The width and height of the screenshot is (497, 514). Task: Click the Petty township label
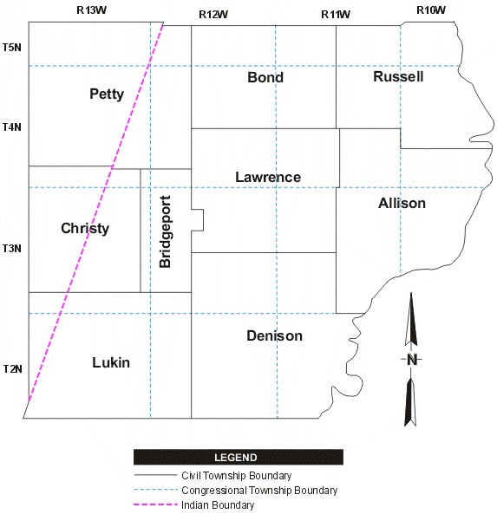coord(107,94)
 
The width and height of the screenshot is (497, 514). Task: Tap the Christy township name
coord(85,229)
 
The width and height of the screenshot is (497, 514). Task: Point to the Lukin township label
coord(111,362)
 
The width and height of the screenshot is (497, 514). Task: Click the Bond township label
coord(265,77)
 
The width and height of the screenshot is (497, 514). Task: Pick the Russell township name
coord(398,76)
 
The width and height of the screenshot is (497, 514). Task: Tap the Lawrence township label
coord(268,178)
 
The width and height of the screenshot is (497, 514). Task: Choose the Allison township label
coord(402,203)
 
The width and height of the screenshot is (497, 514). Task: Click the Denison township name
coord(274,335)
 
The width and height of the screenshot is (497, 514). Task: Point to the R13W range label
coord(91,10)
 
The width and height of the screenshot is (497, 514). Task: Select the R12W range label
coord(213,14)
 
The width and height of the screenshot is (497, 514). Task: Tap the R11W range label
coord(336,14)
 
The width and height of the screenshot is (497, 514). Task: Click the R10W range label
coord(430,10)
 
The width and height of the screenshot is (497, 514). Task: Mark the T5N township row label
coord(12,47)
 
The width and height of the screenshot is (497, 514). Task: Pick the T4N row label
coord(12,127)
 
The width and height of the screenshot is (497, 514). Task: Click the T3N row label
coord(12,249)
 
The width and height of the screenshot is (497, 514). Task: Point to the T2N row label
coord(12,368)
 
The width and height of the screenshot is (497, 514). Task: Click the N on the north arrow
coord(411,360)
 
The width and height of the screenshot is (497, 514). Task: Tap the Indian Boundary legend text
coord(218,505)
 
